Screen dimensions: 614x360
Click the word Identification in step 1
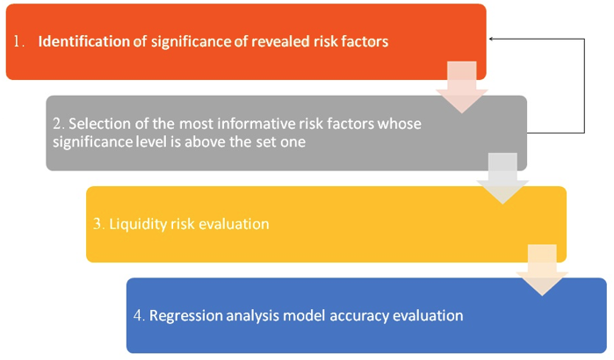[83, 41]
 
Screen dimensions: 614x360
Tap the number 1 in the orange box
[17, 41]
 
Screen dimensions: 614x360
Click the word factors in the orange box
[365, 41]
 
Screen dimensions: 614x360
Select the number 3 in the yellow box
[98, 224]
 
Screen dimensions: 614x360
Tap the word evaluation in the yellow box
[234, 224]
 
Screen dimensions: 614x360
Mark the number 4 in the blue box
[138, 316]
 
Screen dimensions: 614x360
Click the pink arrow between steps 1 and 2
[462, 87]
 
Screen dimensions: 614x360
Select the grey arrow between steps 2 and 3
[502, 178]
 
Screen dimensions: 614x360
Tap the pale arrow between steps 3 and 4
[542, 270]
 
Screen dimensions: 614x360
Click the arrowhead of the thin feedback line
[491, 39]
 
